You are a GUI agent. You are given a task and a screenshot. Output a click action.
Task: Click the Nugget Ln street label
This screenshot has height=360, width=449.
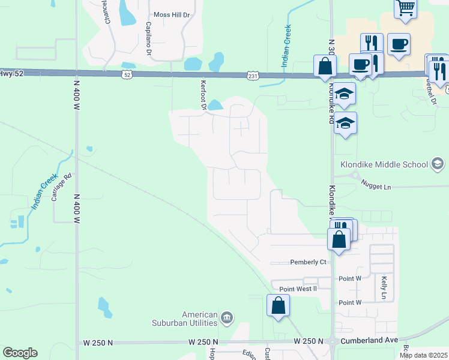pos(376,187)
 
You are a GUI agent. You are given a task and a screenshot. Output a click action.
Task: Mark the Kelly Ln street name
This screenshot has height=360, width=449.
pos(383,288)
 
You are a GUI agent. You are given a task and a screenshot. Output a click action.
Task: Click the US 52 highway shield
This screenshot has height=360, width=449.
pos(125,74)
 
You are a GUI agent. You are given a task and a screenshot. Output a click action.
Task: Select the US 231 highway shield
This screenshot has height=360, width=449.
pos(252,75)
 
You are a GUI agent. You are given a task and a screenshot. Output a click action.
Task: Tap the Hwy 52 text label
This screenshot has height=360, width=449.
pos(7,73)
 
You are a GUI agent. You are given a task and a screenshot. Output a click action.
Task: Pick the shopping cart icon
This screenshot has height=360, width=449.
pos(406,8)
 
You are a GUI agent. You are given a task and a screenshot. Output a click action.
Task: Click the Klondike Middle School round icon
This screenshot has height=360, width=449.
pos(438,164)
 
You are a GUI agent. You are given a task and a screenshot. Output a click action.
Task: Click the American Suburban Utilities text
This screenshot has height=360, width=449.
pos(200,319)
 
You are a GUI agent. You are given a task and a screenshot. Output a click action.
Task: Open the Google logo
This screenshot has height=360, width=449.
pos(20,353)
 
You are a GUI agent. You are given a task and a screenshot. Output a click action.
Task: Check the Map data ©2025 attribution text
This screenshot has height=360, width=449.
pos(423,355)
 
